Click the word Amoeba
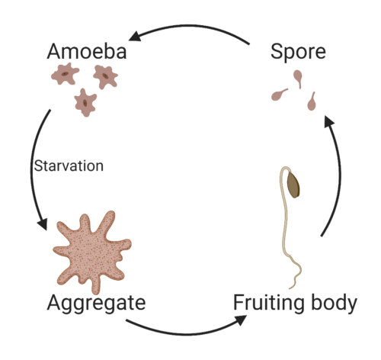pos(87,51)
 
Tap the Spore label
pos(298,53)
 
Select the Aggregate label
pos(96,304)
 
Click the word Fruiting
pos(269,303)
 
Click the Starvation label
pos(69,166)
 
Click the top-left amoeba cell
pos(65,74)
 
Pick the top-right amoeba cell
pos(105,76)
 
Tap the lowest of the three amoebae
pos(85,103)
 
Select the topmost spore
pos(298,78)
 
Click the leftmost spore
pos(279,95)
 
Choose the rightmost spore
pos(312,101)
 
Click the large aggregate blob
pos(92,252)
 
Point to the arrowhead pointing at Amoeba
pos(135,36)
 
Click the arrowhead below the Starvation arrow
pos(43,223)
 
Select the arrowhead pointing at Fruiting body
pos(241,320)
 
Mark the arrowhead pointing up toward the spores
pos(329,121)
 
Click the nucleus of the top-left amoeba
pos(65,74)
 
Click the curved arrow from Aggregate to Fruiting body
pos(185,333)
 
